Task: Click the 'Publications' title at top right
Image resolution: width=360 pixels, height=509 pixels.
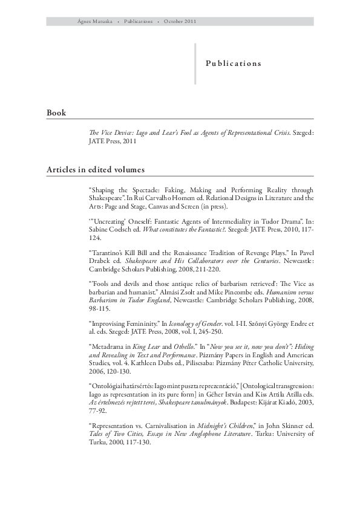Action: (233, 63)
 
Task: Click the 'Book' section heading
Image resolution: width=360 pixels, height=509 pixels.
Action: (56, 113)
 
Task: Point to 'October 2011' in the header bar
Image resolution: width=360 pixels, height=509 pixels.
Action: (180, 21)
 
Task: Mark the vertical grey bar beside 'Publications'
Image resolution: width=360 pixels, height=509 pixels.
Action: (195, 63)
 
